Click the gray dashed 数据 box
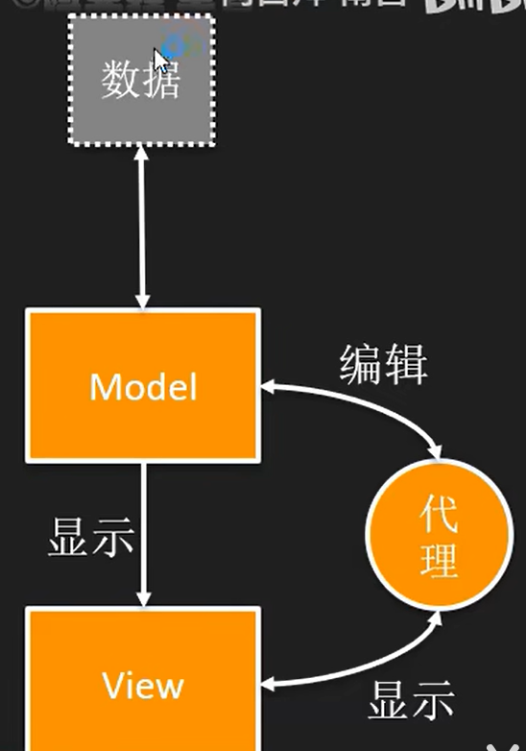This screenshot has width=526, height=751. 141,81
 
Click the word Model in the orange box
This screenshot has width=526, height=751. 143,386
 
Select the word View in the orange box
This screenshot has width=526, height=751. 143,686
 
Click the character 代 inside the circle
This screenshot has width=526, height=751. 438,517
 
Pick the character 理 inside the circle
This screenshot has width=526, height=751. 438,561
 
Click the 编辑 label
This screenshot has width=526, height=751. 383,364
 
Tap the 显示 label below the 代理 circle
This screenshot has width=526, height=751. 411,702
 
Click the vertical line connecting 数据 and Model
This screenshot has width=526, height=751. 143,230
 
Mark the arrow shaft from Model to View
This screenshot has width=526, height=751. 143,528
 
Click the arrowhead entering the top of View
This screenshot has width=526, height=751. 143,597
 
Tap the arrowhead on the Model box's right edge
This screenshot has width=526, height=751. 269,386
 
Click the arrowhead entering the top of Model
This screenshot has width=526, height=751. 143,300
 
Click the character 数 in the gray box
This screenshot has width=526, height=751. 120,82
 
